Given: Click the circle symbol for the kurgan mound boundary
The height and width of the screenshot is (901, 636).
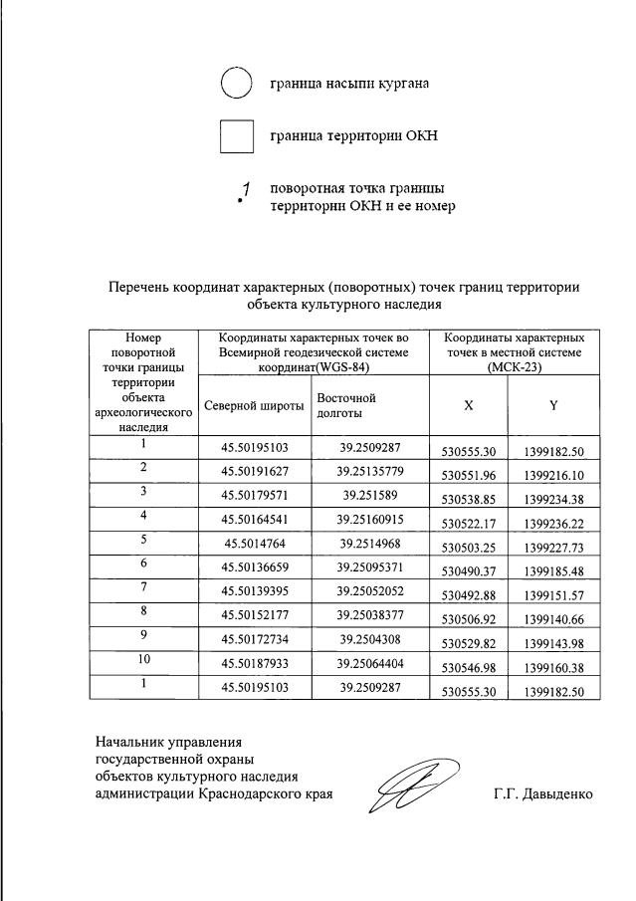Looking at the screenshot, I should coord(236,84).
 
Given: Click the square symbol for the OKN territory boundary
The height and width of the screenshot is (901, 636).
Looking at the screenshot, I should coord(236,136).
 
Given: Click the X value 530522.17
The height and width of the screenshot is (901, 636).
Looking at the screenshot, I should coord(467,522).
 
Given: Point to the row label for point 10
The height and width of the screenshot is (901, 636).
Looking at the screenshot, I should coord(143,660).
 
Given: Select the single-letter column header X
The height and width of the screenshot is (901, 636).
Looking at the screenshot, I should coord(468,405).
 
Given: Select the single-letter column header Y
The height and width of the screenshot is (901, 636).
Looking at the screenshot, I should coord(553,405).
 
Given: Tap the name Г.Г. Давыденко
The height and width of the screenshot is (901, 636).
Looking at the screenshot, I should coord(541,794).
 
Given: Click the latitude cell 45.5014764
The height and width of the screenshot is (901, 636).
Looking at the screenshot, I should coord(254,543).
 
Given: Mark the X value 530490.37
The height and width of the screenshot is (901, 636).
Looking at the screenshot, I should coord(467,569).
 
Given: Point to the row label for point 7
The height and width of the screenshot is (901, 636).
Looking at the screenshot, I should coord(143,588).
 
